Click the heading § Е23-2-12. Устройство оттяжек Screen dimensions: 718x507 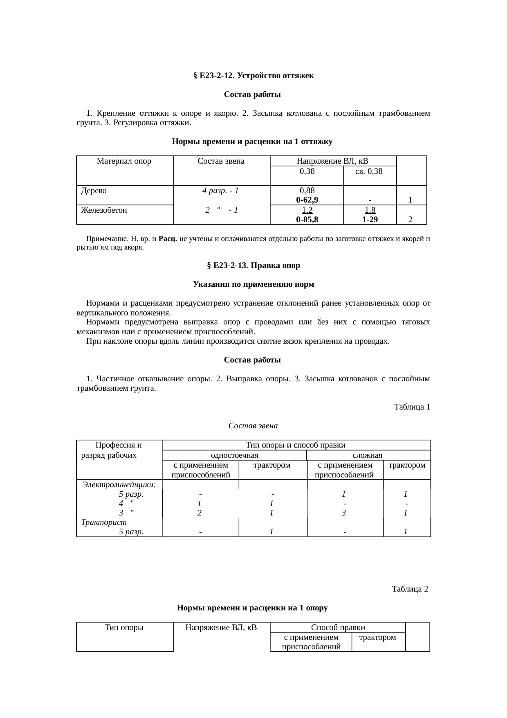pyautogui.click(x=253, y=76)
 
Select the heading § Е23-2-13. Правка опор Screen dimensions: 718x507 pyautogui.click(x=253, y=266)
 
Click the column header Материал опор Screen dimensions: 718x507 pyautogui.click(x=124, y=161)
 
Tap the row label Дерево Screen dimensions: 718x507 pyautogui.click(x=94, y=191)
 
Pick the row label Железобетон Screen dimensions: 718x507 pyautogui.click(x=104, y=210)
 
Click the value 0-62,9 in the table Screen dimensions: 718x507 pyautogui.click(x=307, y=200)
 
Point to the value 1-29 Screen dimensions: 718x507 pyautogui.click(x=370, y=220)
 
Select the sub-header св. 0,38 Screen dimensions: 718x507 pyautogui.click(x=369, y=171)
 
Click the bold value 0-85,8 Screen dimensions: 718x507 pyautogui.click(x=307, y=220)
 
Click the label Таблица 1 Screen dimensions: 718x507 pyautogui.click(x=412, y=407)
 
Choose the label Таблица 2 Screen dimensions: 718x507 pyautogui.click(x=410, y=589)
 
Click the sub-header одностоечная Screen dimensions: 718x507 pyautogui.click(x=234, y=455)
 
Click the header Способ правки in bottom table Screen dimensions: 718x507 pyautogui.click(x=338, y=628)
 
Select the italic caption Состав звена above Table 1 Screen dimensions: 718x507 pyautogui.click(x=253, y=426)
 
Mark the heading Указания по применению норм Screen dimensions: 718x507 pyautogui.click(x=253, y=284)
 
